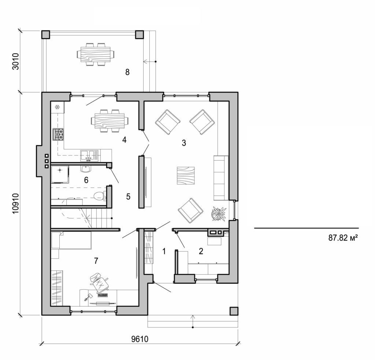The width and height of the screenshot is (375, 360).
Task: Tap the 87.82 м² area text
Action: click(342, 238)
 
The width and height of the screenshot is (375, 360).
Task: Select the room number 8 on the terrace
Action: click(127, 72)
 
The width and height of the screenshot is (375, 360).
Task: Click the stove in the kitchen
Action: click(58, 134)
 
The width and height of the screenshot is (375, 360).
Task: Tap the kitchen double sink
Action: click(88, 155)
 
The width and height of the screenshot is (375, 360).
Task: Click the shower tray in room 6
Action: click(59, 174)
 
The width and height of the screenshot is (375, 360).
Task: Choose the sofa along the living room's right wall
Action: click(221, 177)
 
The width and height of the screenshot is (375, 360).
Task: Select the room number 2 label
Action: click(201, 251)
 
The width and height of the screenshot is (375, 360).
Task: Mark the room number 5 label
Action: click(128, 196)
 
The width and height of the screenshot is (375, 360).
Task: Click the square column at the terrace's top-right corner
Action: click(140, 34)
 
